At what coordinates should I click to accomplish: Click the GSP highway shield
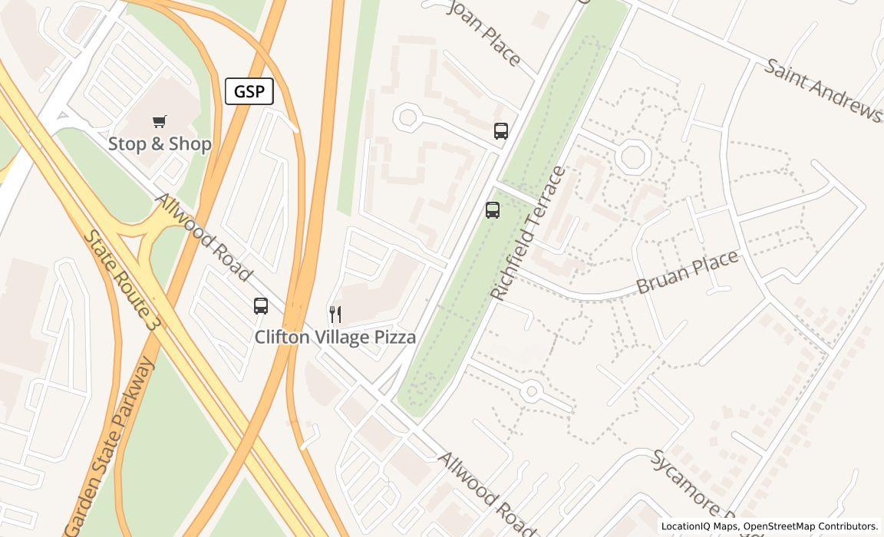[249, 91]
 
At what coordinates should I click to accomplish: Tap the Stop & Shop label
[160, 143]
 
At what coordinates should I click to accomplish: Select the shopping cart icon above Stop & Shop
[160, 121]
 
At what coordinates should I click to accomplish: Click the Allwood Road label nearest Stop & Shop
[203, 237]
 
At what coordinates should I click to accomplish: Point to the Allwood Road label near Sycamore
[487, 494]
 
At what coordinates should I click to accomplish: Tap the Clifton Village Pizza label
[335, 337]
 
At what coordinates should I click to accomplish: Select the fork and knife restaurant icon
[335, 314]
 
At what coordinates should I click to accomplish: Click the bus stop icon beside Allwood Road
[261, 306]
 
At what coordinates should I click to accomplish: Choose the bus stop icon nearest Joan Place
[501, 131]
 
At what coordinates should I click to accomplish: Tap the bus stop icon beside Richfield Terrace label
[493, 209]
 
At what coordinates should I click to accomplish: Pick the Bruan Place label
[688, 272]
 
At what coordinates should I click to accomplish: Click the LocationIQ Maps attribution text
[699, 526]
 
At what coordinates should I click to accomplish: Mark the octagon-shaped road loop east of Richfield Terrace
[634, 156]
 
